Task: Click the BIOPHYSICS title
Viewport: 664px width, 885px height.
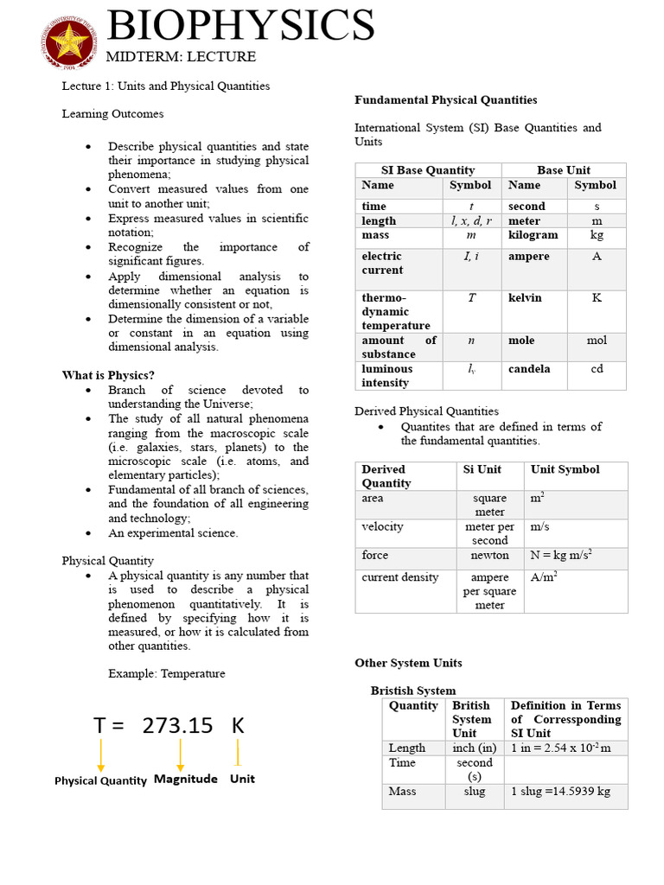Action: (240, 25)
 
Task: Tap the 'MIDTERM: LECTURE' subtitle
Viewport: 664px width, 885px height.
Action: (181, 57)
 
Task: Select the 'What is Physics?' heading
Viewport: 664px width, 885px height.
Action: (108, 375)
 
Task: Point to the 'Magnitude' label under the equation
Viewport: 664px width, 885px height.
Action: (185, 779)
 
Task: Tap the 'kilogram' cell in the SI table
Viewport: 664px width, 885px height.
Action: (533, 235)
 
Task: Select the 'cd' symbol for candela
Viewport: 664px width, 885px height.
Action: (597, 369)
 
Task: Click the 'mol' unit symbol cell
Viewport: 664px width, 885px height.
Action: (597, 341)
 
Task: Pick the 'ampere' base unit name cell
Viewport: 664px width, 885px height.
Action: (528, 257)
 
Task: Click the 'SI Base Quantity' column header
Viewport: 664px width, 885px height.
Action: (428, 170)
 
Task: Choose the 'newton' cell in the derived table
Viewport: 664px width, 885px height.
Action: (489, 556)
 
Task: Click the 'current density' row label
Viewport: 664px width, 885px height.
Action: (400, 577)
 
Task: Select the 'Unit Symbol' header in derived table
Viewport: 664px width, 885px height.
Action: (565, 469)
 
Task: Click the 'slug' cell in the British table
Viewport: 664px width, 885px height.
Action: (474, 791)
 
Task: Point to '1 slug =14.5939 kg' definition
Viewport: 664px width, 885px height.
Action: (560, 792)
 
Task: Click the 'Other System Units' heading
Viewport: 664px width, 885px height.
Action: (408, 663)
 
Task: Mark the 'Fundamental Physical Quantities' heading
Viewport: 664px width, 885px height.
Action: (446, 100)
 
